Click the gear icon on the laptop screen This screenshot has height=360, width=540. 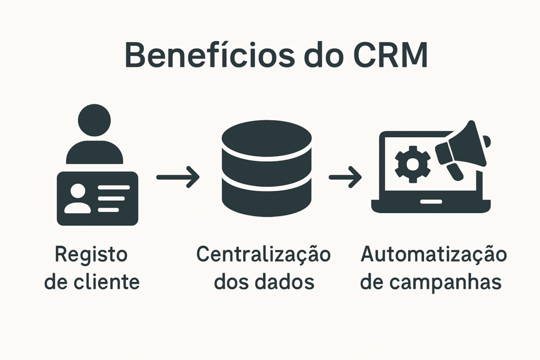(x=412, y=164)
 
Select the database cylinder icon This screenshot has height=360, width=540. (x=267, y=168)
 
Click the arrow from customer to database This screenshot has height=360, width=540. (x=178, y=177)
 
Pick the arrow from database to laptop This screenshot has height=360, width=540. (x=345, y=177)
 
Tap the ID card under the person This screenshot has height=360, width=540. (x=97, y=198)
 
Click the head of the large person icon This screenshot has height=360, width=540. (x=94, y=120)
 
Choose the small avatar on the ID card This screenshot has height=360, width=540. (x=78, y=199)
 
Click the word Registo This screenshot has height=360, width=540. (x=91, y=255)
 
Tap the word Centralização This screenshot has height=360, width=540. (x=263, y=255)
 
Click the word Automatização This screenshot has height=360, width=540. (x=433, y=255)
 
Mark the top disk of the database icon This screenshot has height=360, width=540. (x=267, y=139)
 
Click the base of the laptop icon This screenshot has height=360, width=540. (x=431, y=205)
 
